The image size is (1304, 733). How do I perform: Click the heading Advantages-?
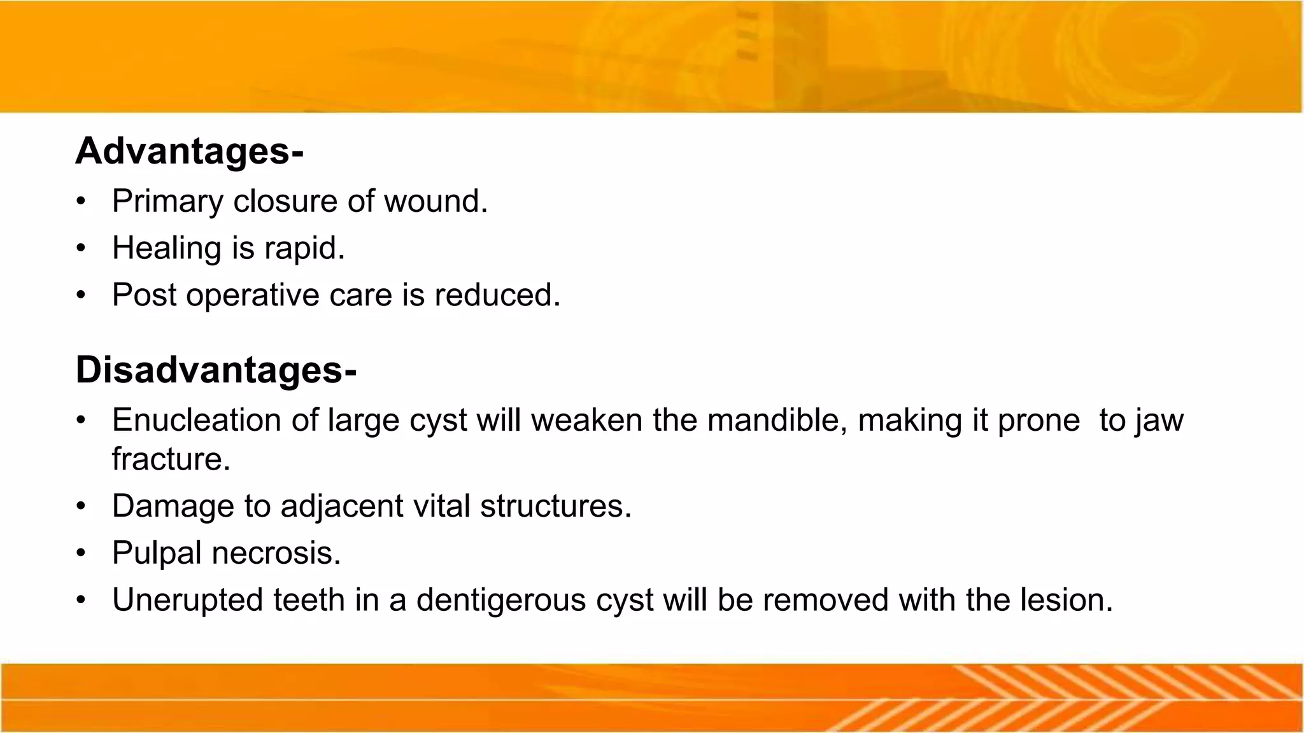point(189,151)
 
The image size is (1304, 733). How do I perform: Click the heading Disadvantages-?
point(216,370)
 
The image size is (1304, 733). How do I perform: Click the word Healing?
point(166,248)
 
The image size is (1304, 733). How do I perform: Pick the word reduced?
point(497,295)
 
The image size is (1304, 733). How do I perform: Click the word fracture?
point(171,459)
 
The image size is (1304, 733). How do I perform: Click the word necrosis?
point(276,553)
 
